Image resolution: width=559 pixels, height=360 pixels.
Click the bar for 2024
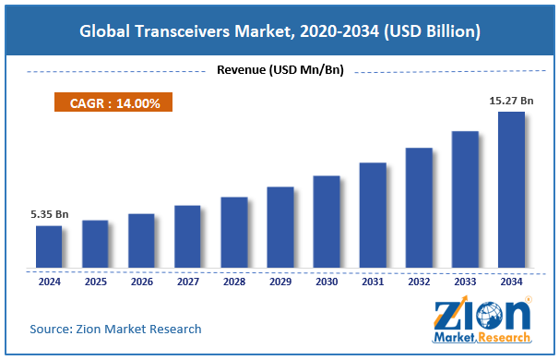tap(49, 247)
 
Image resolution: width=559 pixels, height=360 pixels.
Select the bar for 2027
tap(187, 237)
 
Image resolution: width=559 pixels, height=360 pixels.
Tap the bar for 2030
tap(327, 222)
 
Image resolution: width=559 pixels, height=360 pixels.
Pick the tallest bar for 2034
tap(511, 190)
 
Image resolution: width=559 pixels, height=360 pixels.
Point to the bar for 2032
tap(419, 208)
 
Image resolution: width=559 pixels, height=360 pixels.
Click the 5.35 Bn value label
tap(49, 214)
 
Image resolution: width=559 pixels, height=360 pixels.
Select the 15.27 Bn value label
tap(509, 101)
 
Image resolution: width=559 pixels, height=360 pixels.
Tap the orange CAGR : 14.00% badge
tap(115, 103)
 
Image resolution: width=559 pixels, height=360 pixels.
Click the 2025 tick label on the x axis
tap(95, 282)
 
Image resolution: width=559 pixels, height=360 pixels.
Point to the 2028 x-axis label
tap(233, 282)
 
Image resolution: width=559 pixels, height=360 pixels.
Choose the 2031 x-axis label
tap(373, 282)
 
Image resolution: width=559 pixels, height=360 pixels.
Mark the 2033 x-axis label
tap(465, 282)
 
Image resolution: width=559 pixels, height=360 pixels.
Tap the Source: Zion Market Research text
tap(115, 329)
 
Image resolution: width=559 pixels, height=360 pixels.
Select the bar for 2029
tap(280, 228)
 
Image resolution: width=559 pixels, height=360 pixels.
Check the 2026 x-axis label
tap(141, 282)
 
